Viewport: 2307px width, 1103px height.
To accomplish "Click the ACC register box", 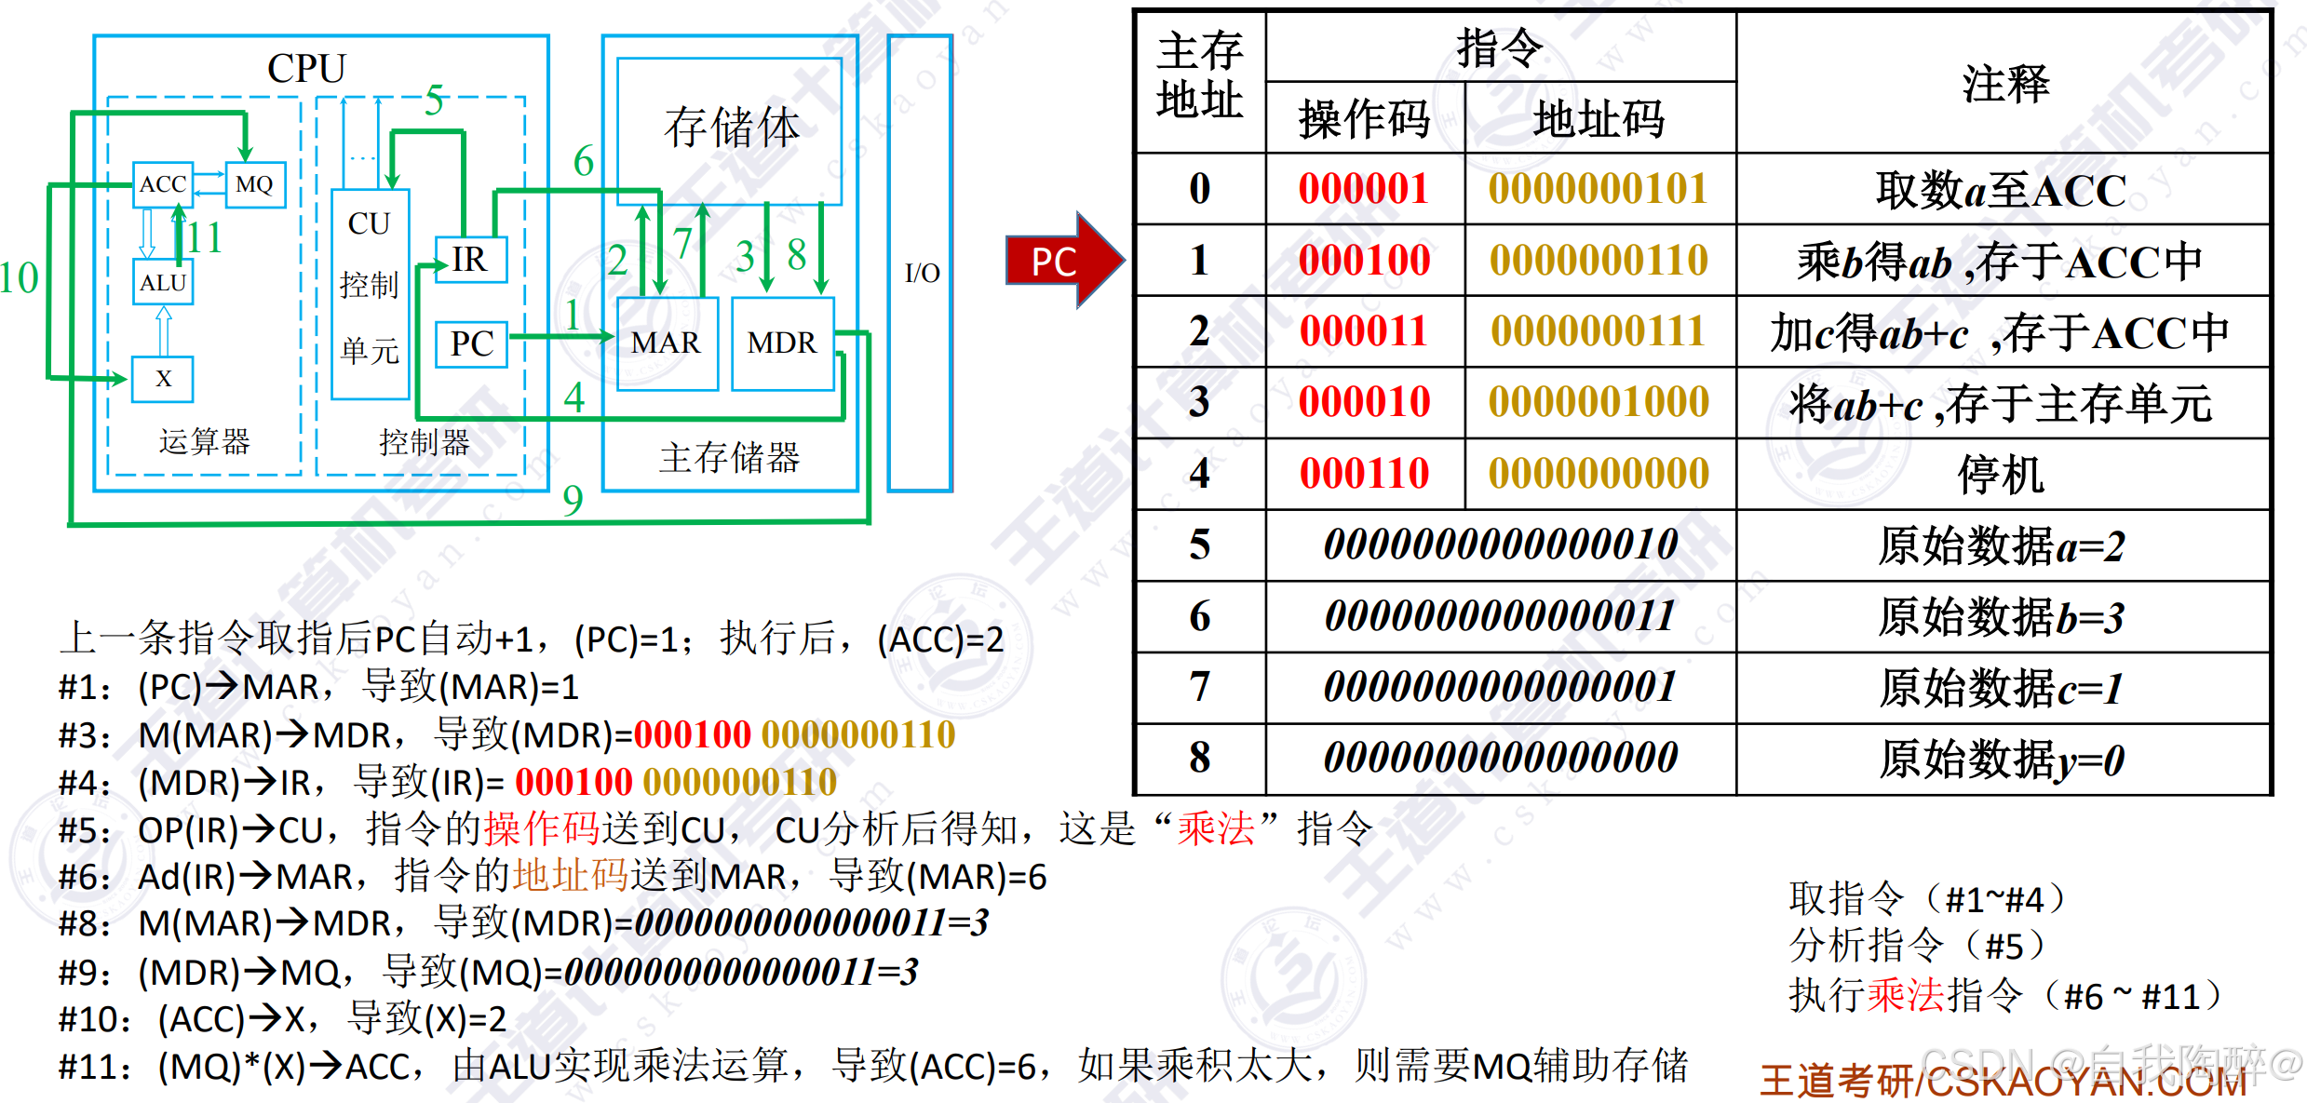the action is (163, 184).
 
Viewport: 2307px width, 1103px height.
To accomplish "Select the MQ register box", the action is (255, 184).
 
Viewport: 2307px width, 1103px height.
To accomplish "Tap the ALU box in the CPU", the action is (163, 283).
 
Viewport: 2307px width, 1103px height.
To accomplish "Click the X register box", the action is (163, 379).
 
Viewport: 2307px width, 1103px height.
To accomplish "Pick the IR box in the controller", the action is (471, 259).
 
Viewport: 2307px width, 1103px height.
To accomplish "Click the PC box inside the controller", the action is (472, 343).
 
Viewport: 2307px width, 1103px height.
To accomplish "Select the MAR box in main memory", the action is (666, 343).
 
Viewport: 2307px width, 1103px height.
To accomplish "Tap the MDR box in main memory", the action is (782, 343).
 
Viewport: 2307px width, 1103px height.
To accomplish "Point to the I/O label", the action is (922, 273).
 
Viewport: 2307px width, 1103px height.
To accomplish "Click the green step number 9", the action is (573, 501).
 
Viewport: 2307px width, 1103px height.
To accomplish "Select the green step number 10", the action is (19, 277).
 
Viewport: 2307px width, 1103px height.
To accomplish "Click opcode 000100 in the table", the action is (1364, 260).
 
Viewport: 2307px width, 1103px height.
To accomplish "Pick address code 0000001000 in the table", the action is (1599, 402).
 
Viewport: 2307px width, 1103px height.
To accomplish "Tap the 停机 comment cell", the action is (2002, 475).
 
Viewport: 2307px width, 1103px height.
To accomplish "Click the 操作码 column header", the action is (1364, 119).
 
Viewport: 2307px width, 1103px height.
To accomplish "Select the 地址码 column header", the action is (1599, 119).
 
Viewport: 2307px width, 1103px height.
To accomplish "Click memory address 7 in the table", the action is (1199, 687).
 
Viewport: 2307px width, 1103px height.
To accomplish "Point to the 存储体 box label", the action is (732, 128).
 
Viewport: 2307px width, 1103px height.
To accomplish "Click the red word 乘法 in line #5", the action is (1216, 828).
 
